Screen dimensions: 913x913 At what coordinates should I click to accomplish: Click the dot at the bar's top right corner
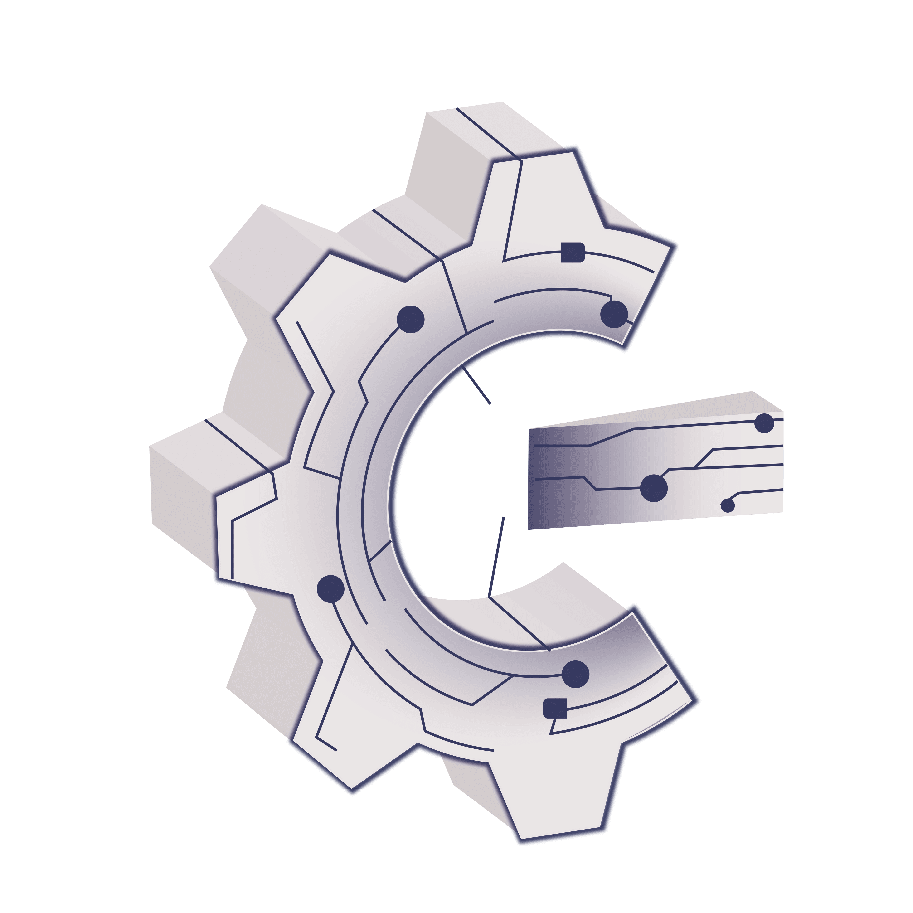point(764,423)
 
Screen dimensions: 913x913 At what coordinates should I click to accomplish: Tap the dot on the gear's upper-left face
point(411,319)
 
